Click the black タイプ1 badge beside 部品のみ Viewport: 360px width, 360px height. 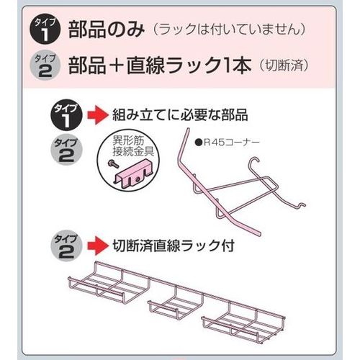coord(45,30)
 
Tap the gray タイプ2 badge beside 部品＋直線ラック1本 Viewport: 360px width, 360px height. coord(45,66)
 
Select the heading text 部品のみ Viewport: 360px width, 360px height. coord(107,30)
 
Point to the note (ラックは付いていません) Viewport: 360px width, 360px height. coord(229,30)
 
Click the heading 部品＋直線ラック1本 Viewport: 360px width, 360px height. coord(160,66)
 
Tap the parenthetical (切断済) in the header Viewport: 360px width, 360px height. coord(284,66)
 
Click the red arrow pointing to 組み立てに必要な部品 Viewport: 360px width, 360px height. coord(98,115)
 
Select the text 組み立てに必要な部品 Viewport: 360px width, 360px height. coord(180,115)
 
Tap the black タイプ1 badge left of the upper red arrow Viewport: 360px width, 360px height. coord(66,115)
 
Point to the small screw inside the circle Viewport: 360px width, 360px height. coord(113,164)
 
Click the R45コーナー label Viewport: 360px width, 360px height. coord(232,143)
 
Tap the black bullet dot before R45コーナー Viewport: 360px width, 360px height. coord(198,143)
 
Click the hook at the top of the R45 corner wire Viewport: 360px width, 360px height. coord(255,161)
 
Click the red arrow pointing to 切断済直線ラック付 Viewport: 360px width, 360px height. coord(98,246)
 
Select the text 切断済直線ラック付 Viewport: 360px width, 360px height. coord(174,246)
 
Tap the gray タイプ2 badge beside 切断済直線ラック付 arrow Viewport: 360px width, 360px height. coord(66,246)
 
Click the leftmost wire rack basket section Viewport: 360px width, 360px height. coord(109,283)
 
